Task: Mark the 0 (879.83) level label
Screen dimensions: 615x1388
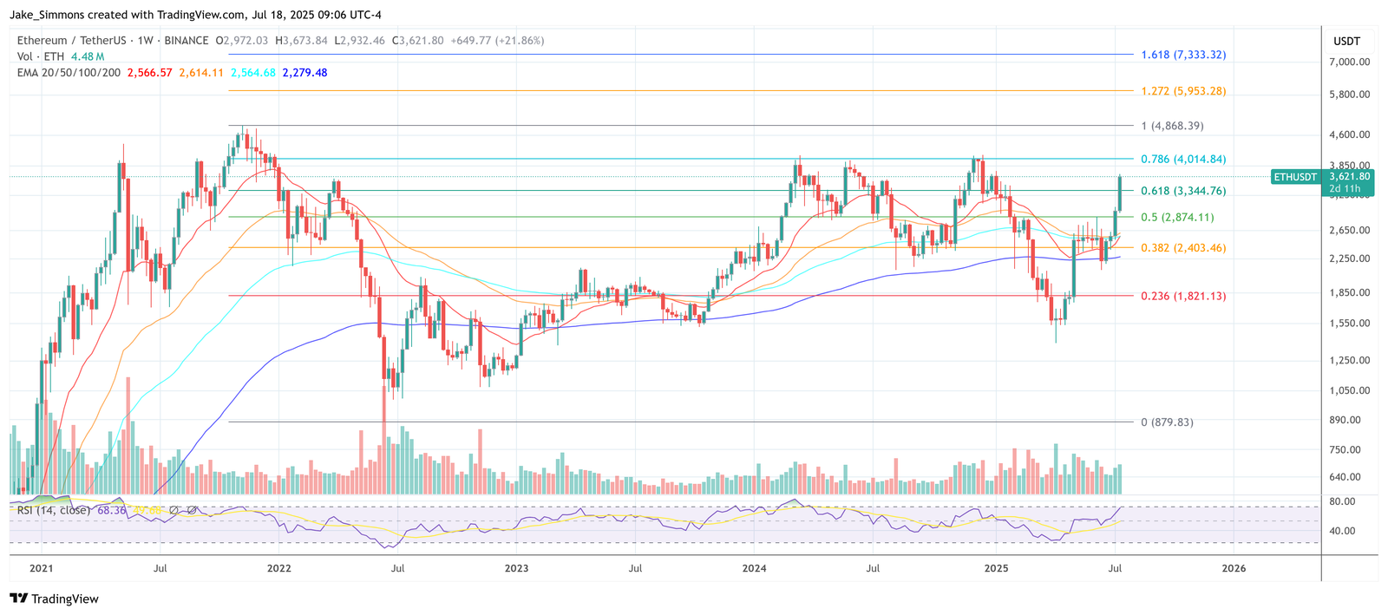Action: pos(1167,422)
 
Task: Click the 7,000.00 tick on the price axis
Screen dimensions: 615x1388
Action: pos(1349,62)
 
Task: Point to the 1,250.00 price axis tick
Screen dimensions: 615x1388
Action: pos(1349,360)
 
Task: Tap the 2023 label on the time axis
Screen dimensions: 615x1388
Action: pos(516,569)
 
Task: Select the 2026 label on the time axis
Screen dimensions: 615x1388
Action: pos(1233,569)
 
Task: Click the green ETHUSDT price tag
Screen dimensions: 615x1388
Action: pos(1294,177)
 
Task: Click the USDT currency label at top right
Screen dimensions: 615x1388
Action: pos(1346,41)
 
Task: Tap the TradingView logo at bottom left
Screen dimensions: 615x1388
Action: pos(54,599)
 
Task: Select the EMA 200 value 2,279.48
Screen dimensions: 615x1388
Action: pos(304,73)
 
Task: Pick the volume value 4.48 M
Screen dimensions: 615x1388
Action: pos(88,56)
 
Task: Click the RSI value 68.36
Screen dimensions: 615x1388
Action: pos(112,510)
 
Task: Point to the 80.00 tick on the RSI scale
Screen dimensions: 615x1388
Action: pos(1342,501)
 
